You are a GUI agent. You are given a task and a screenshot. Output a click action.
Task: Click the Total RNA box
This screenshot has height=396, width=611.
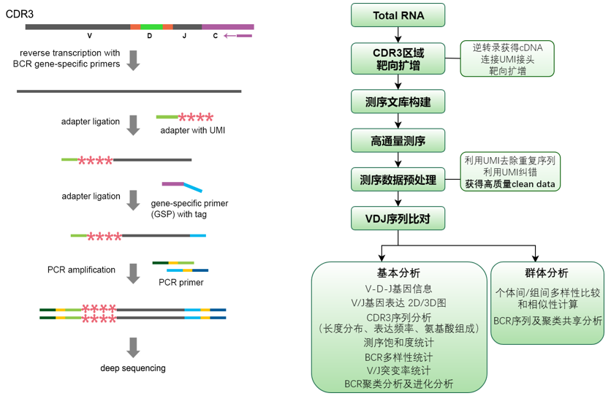tap(398, 15)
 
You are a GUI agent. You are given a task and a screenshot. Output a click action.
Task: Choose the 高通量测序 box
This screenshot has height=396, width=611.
tap(398, 139)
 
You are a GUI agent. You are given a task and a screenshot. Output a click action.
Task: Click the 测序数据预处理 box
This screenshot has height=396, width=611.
tap(398, 178)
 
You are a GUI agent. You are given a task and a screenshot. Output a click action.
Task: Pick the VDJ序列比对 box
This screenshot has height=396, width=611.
tap(398, 218)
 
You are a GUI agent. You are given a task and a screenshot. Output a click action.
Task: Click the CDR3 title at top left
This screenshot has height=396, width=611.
tap(20, 13)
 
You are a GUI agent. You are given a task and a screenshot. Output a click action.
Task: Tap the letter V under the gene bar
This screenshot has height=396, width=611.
tap(89, 35)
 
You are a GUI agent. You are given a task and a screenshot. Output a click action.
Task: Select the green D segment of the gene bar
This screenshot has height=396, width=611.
tap(151, 27)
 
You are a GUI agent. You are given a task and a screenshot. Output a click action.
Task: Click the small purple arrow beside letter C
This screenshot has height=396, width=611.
tap(238, 35)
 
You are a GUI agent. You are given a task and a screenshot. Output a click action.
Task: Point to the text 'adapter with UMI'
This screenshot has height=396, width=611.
tap(191, 130)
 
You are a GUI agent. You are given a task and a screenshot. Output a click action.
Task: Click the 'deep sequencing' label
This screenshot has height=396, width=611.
tap(133, 368)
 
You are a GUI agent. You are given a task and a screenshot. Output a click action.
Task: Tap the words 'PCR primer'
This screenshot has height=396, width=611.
tap(181, 282)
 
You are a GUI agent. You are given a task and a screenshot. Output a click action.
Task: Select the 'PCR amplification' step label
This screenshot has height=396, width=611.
tap(82, 270)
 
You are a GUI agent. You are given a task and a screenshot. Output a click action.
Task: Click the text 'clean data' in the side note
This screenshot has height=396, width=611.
tap(534, 185)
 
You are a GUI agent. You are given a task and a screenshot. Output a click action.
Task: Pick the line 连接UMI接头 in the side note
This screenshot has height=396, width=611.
tap(508, 59)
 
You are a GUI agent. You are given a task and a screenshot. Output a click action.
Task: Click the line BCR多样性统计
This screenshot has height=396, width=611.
tap(398, 357)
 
